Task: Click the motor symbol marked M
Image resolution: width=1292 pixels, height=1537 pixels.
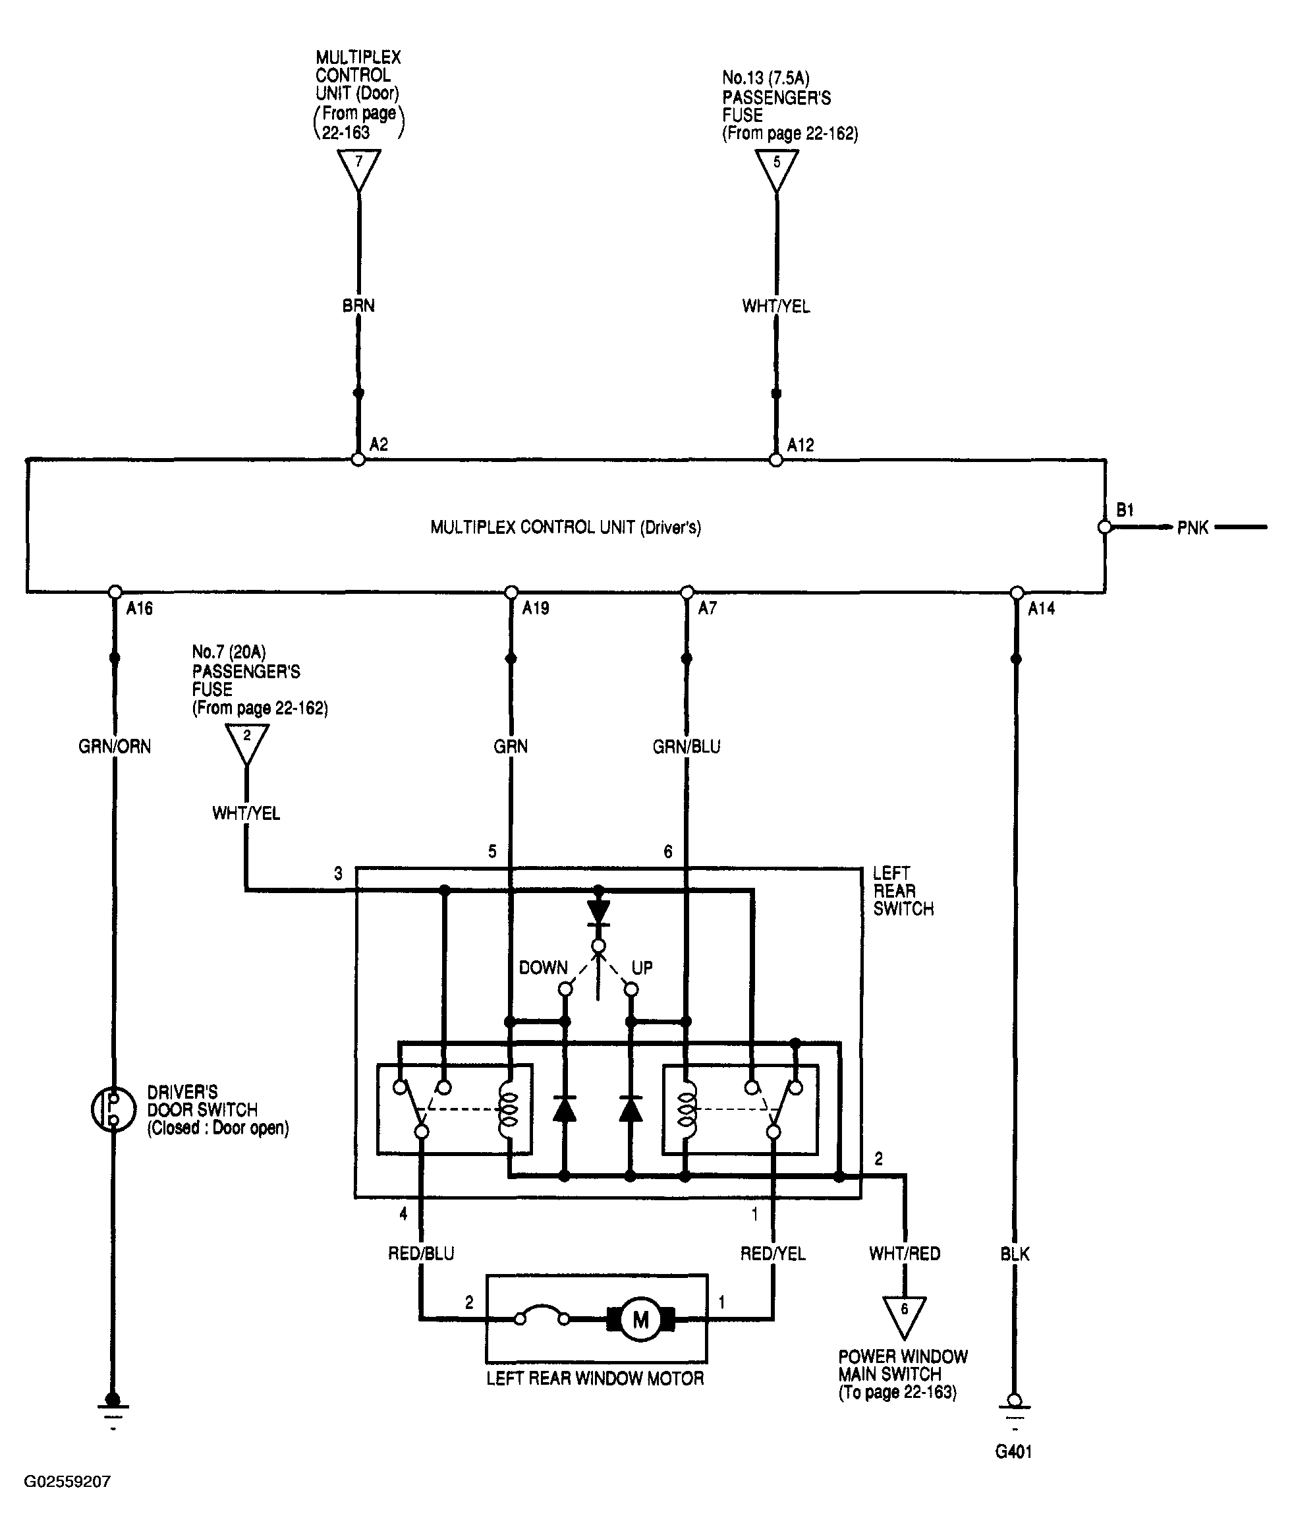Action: [x=640, y=1319]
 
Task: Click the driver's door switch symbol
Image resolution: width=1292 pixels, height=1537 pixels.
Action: [x=113, y=1109]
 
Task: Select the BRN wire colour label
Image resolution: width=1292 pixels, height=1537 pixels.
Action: [x=358, y=306]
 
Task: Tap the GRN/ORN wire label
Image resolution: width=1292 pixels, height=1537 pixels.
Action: [x=115, y=747]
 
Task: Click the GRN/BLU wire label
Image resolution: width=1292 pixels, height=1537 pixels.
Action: [x=687, y=747]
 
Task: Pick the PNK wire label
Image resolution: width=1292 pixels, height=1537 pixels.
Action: [x=1193, y=527]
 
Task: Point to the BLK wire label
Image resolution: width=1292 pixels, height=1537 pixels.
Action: [x=1015, y=1254]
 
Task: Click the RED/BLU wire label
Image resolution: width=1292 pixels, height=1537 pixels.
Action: [x=421, y=1254]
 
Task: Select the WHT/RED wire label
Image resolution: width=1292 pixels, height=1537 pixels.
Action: [x=905, y=1254]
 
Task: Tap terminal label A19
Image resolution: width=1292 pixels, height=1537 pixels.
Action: [x=536, y=608]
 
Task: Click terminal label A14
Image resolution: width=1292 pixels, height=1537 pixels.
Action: [x=1041, y=608]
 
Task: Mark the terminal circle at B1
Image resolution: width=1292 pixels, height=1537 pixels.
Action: [x=1104, y=527]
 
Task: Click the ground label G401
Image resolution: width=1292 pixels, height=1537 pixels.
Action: [x=1014, y=1451]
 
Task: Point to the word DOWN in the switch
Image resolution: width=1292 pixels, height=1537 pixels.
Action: [x=544, y=968]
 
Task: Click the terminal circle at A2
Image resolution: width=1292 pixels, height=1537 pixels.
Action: [x=358, y=459]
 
